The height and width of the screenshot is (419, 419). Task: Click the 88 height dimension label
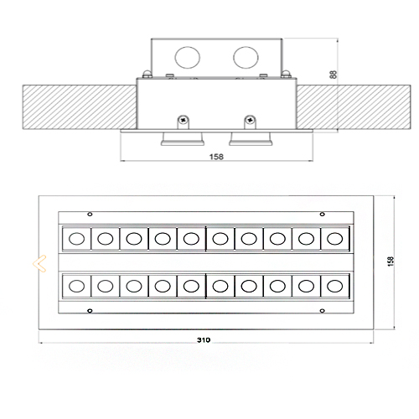point(334,75)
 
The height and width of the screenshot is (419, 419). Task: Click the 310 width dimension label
point(204,340)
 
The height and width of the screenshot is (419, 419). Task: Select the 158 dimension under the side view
point(216,157)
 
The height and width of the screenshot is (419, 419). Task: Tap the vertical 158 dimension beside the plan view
point(391,261)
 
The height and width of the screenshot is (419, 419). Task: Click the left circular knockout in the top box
point(188,57)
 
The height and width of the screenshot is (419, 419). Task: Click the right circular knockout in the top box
point(246,57)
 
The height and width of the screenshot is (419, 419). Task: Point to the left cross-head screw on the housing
point(184,120)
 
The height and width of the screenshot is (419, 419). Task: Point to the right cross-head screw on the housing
point(250,120)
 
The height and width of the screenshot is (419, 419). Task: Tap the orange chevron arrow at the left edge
point(39,263)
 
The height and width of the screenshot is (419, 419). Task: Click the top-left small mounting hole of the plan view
point(90,215)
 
